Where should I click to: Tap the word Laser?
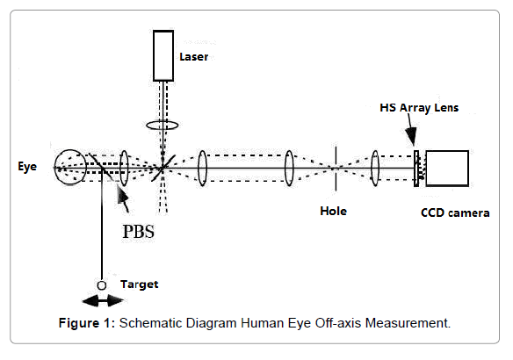pos(193,57)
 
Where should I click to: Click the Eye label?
pos(27,167)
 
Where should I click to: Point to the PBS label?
pos(139,232)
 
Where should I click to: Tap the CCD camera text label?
pos(455,212)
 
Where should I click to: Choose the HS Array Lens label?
pos(419,108)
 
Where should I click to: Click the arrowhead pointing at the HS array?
pos(411,135)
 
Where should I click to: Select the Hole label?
pos(334,212)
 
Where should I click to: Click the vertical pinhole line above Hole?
pos(336,168)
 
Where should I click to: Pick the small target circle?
pos(102,285)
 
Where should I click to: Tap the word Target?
pos(140,284)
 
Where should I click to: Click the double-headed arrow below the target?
pos(103,300)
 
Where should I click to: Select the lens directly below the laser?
pos(163,126)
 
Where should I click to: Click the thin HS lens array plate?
pos(416,169)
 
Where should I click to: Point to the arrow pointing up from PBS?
pos(123,198)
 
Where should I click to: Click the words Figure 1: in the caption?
pos(87,323)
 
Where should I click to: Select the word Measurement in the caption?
pos(408,323)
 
